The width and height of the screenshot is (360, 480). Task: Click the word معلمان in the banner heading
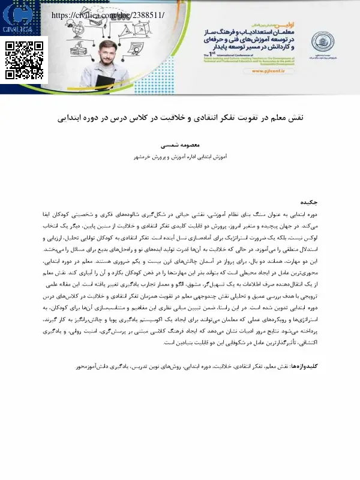click(x=268, y=28)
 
